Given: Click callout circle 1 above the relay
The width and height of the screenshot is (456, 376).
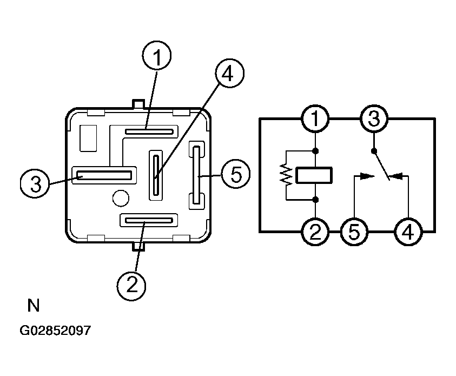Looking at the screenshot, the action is click(x=157, y=56).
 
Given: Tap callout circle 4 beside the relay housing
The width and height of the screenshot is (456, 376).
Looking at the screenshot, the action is click(x=229, y=72).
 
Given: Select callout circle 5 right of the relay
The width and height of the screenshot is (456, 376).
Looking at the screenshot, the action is click(x=235, y=174).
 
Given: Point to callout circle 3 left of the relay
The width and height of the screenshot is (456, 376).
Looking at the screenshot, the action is click(x=35, y=183).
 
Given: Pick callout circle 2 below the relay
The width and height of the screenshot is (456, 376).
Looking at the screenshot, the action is click(x=131, y=286).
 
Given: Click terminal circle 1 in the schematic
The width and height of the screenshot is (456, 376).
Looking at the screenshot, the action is click(x=315, y=119).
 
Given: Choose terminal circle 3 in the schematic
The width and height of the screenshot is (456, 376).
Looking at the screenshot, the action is click(x=374, y=119).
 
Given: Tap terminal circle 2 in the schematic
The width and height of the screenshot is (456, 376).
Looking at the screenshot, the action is click(x=315, y=232).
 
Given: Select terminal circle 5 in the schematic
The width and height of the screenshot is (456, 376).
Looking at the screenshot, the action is click(x=354, y=232).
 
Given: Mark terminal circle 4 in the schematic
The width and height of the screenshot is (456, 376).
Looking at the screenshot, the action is click(x=408, y=232).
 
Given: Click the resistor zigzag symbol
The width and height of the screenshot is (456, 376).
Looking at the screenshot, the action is click(x=287, y=175).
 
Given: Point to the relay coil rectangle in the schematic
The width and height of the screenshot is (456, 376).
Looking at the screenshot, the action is click(x=314, y=175).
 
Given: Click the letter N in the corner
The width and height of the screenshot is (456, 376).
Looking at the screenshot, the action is click(x=33, y=306).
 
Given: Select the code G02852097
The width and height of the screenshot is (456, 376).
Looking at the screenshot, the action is click(x=55, y=331).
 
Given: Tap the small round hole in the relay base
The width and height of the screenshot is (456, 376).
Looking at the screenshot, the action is click(x=121, y=199).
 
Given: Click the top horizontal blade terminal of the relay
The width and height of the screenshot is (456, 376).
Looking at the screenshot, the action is click(x=149, y=131).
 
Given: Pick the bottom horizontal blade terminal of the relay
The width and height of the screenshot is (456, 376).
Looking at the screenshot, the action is click(x=148, y=220).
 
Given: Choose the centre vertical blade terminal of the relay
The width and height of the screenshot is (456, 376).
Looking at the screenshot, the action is click(x=156, y=175).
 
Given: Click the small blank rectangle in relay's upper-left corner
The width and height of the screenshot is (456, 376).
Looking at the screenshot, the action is click(x=88, y=138).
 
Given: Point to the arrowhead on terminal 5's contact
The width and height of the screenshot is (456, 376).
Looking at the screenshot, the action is click(x=368, y=176).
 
